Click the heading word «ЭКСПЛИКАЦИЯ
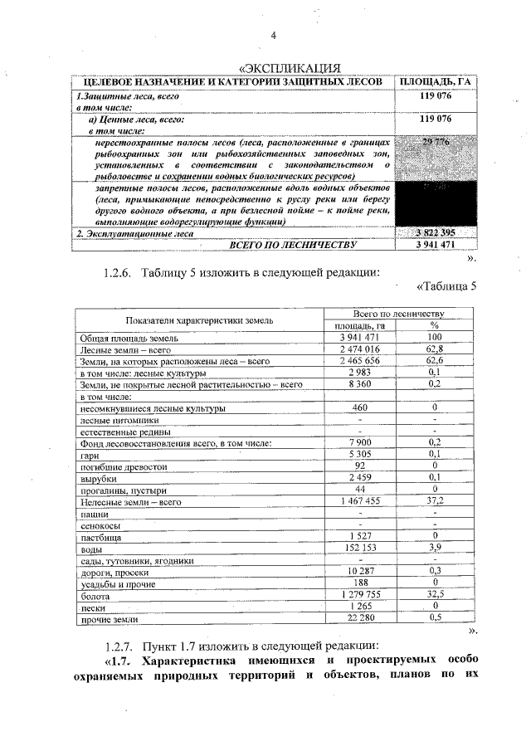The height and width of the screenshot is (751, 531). click(290, 67)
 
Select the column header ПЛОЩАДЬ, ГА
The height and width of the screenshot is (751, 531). click(436, 82)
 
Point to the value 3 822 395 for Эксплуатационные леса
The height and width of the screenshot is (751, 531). click(436, 232)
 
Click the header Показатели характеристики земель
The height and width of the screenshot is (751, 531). click(199, 319)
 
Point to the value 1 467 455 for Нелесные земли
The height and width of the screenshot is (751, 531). click(359, 501)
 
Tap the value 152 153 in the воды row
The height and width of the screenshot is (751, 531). click(359, 549)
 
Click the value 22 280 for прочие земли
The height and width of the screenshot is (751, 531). click(359, 618)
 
